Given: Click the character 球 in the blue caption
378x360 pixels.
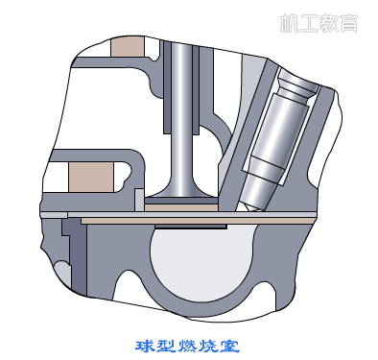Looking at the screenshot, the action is click(145, 346).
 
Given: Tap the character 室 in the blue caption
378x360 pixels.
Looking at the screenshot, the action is click(229, 346).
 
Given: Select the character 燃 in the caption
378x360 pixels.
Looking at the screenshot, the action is click(187, 346).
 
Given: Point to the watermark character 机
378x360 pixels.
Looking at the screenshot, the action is click(290, 23).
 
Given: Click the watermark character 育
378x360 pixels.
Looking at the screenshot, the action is click(348, 23).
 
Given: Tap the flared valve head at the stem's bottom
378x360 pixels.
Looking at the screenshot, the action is click(181, 191).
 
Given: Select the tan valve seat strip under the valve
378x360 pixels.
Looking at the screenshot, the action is click(181, 207).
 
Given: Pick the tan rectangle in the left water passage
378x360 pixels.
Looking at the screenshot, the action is click(91, 177).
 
